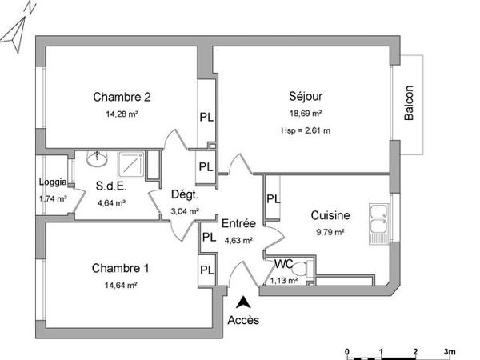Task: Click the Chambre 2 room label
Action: click(122, 98)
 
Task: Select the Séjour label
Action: click(305, 97)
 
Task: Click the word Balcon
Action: click(409, 103)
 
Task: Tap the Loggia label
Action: click(53, 182)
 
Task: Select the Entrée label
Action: click(238, 223)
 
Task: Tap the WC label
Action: click(283, 263)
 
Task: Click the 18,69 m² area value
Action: click(306, 114)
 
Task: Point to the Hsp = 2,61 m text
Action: click(306, 130)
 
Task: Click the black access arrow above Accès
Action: click(243, 302)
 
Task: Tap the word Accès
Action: click(243, 320)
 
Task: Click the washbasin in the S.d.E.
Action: click(98, 157)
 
